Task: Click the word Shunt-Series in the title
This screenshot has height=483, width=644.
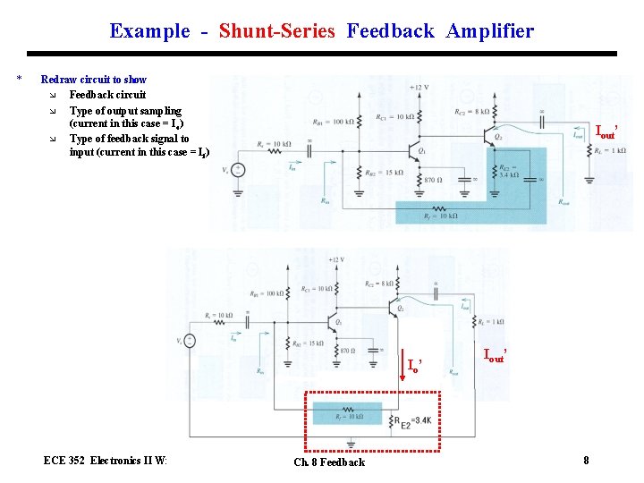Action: [276, 31]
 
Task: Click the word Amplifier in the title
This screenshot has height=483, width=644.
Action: [490, 31]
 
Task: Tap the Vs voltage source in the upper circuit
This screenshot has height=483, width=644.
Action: [239, 170]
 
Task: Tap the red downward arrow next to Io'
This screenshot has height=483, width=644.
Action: [402, 368]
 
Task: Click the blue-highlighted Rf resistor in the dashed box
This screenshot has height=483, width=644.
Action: [346, 413]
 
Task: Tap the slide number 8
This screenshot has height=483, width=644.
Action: [586, 461]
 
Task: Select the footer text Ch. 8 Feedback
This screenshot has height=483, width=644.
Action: [329, 462]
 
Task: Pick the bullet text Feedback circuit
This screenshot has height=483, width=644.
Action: [107, 95]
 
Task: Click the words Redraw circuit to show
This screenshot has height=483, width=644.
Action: [93, 80]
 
